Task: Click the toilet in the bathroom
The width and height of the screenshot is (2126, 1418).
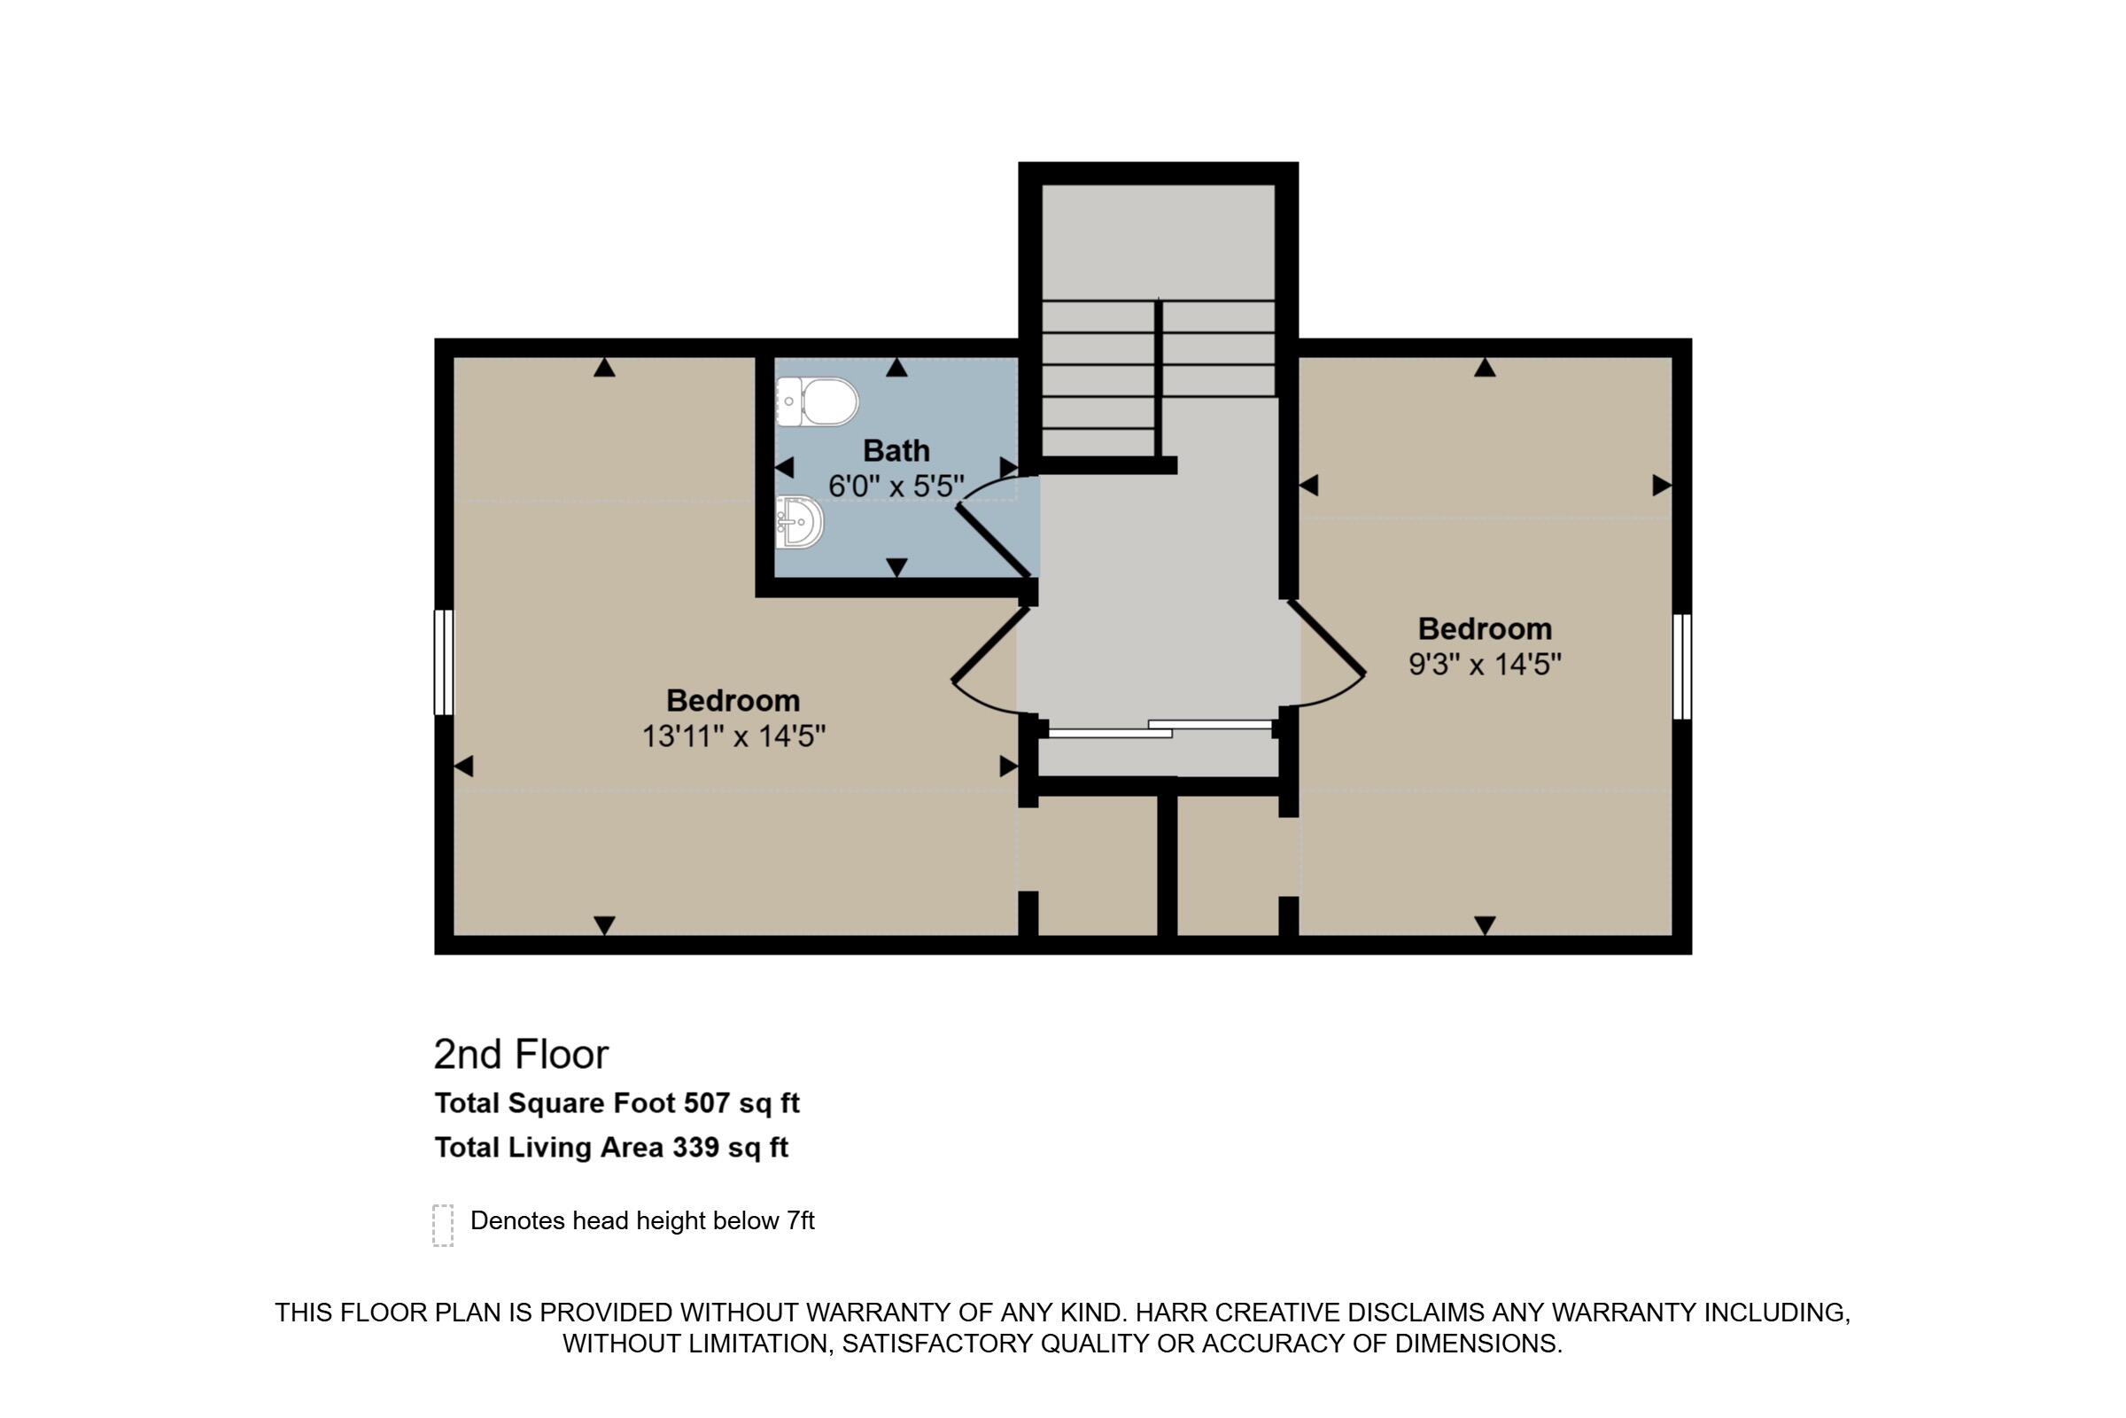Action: [x=817, y=401]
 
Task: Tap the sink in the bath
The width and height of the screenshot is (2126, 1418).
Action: [x=799, y=523]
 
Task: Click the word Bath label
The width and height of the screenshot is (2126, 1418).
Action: [x=896, y=450]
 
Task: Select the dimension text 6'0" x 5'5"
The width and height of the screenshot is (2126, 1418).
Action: [x=896, y=487]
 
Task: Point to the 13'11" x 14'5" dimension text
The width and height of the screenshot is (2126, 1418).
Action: [x=733, y=736]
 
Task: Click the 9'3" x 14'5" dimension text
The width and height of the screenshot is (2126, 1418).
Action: [x=1485, y=665]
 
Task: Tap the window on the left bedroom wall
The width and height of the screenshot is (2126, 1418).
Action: [x=444, y=663]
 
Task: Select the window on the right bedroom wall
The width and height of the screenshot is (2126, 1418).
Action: [x=1681, y=667]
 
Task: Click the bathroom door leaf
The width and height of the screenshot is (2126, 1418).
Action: [x=993, y=541]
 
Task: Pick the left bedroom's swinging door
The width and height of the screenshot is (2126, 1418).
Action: [x=989, y=643]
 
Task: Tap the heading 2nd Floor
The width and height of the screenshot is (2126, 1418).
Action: [x=522, y=1055]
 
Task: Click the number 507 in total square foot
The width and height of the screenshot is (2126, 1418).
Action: [x=707, y=1103]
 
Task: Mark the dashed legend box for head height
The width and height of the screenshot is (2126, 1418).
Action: [x=443, y=1226]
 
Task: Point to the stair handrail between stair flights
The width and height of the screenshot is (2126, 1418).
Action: [x=1158, y=379]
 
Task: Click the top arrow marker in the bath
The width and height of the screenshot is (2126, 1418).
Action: [x=896, y=367]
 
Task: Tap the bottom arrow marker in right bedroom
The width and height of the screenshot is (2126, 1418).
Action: [x=1485, y=925]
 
